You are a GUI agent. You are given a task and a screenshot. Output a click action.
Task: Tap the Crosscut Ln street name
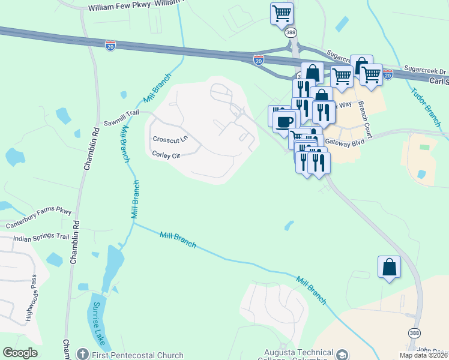[170, 139]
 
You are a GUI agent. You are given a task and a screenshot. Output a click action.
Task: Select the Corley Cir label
[166, 155]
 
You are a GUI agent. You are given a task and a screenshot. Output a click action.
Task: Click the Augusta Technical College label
[300, 353]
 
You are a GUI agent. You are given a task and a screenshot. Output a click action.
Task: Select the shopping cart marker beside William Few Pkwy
[282, 13]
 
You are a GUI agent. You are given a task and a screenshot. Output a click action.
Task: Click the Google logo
[20, 353]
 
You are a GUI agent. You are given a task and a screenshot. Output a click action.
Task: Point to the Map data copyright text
[423, 355]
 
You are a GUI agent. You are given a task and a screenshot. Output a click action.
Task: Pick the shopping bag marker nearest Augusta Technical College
[389, 267]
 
